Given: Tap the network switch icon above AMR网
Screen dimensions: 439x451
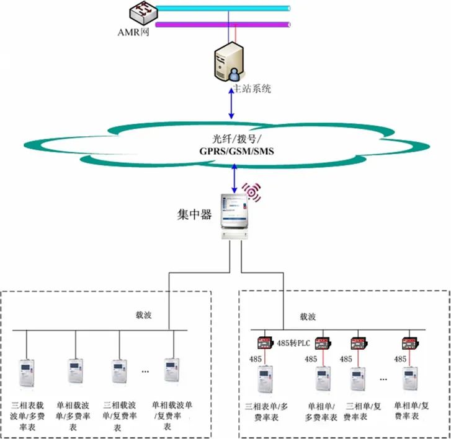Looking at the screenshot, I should click(x=141, y=12).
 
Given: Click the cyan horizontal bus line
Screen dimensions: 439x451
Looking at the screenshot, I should click(x=223, y=9).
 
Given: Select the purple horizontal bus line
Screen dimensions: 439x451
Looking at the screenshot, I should click(x=223, y=25).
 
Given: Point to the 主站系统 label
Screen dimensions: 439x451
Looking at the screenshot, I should click(x=251, y=89).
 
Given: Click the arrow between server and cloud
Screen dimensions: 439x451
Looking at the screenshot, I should click(x=232, y=103).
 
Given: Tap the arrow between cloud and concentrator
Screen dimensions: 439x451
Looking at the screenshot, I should click(x=234, y=178).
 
